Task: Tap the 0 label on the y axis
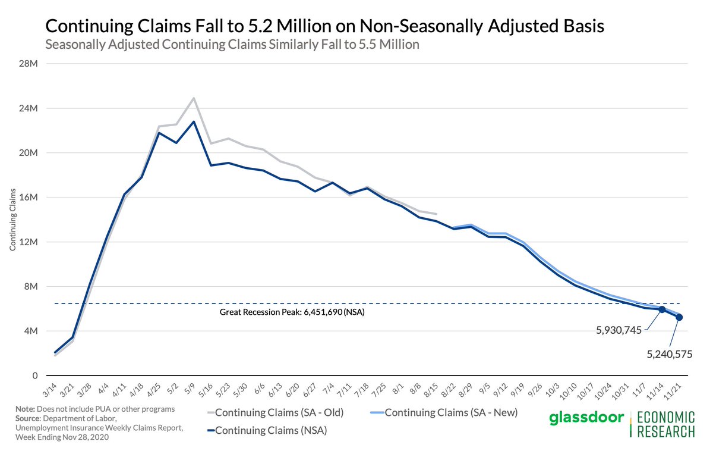36,376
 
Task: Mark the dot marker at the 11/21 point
679,317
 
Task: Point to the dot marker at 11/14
662,309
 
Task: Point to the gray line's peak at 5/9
194,98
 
